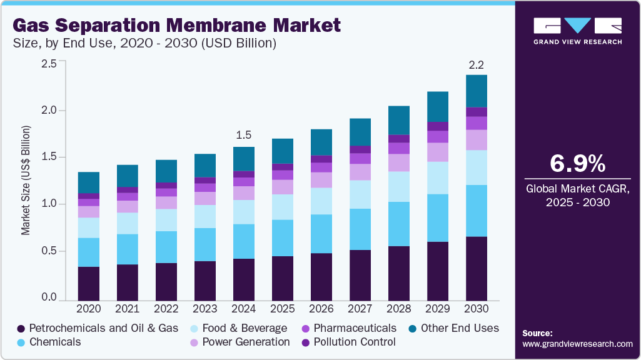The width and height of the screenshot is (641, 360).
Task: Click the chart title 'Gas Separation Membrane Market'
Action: tap(177, 25)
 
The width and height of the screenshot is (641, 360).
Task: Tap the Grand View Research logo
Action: tap(577, 31)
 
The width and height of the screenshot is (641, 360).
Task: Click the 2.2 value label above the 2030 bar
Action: tap(477, 64)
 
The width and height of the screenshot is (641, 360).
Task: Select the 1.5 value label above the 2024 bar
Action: tap(244, 135)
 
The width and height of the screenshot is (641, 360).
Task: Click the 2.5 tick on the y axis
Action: tap(49, 64)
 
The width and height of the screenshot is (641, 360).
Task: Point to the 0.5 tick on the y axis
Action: tap(49, 251)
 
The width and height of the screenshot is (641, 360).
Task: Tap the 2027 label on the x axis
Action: tap(360, 309)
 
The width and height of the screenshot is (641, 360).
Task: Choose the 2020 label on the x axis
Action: tap(88, 309)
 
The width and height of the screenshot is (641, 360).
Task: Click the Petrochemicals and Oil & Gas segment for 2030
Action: tap(477, 269)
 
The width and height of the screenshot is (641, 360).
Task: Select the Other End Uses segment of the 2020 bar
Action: tap(88, 182)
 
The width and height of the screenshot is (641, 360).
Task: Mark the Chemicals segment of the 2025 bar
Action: tap(283, 237)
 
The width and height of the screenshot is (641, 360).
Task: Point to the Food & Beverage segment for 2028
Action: tap(399, 186)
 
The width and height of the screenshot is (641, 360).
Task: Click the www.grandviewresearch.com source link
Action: tap(577, 344)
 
